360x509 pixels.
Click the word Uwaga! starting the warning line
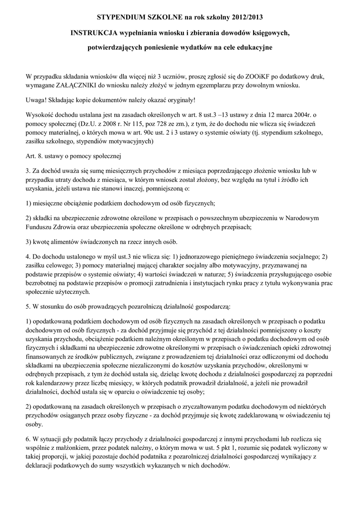tap(36, 100)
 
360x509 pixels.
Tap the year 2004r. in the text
tap(310, 114)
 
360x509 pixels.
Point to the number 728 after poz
tap(166, 123)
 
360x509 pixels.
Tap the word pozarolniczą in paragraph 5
tap(145, 301)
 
